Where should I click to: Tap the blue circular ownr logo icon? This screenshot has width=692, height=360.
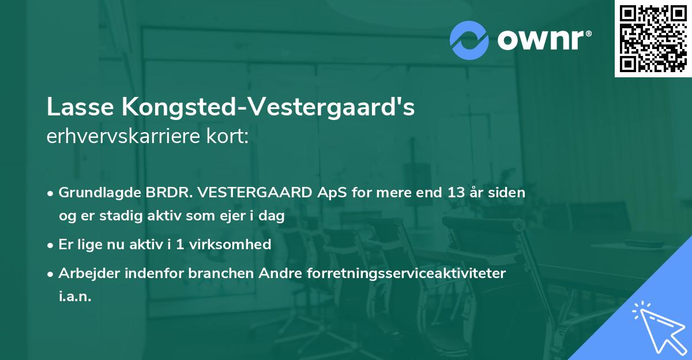[469, 40]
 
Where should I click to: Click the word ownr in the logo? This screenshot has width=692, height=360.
[543, 40]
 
